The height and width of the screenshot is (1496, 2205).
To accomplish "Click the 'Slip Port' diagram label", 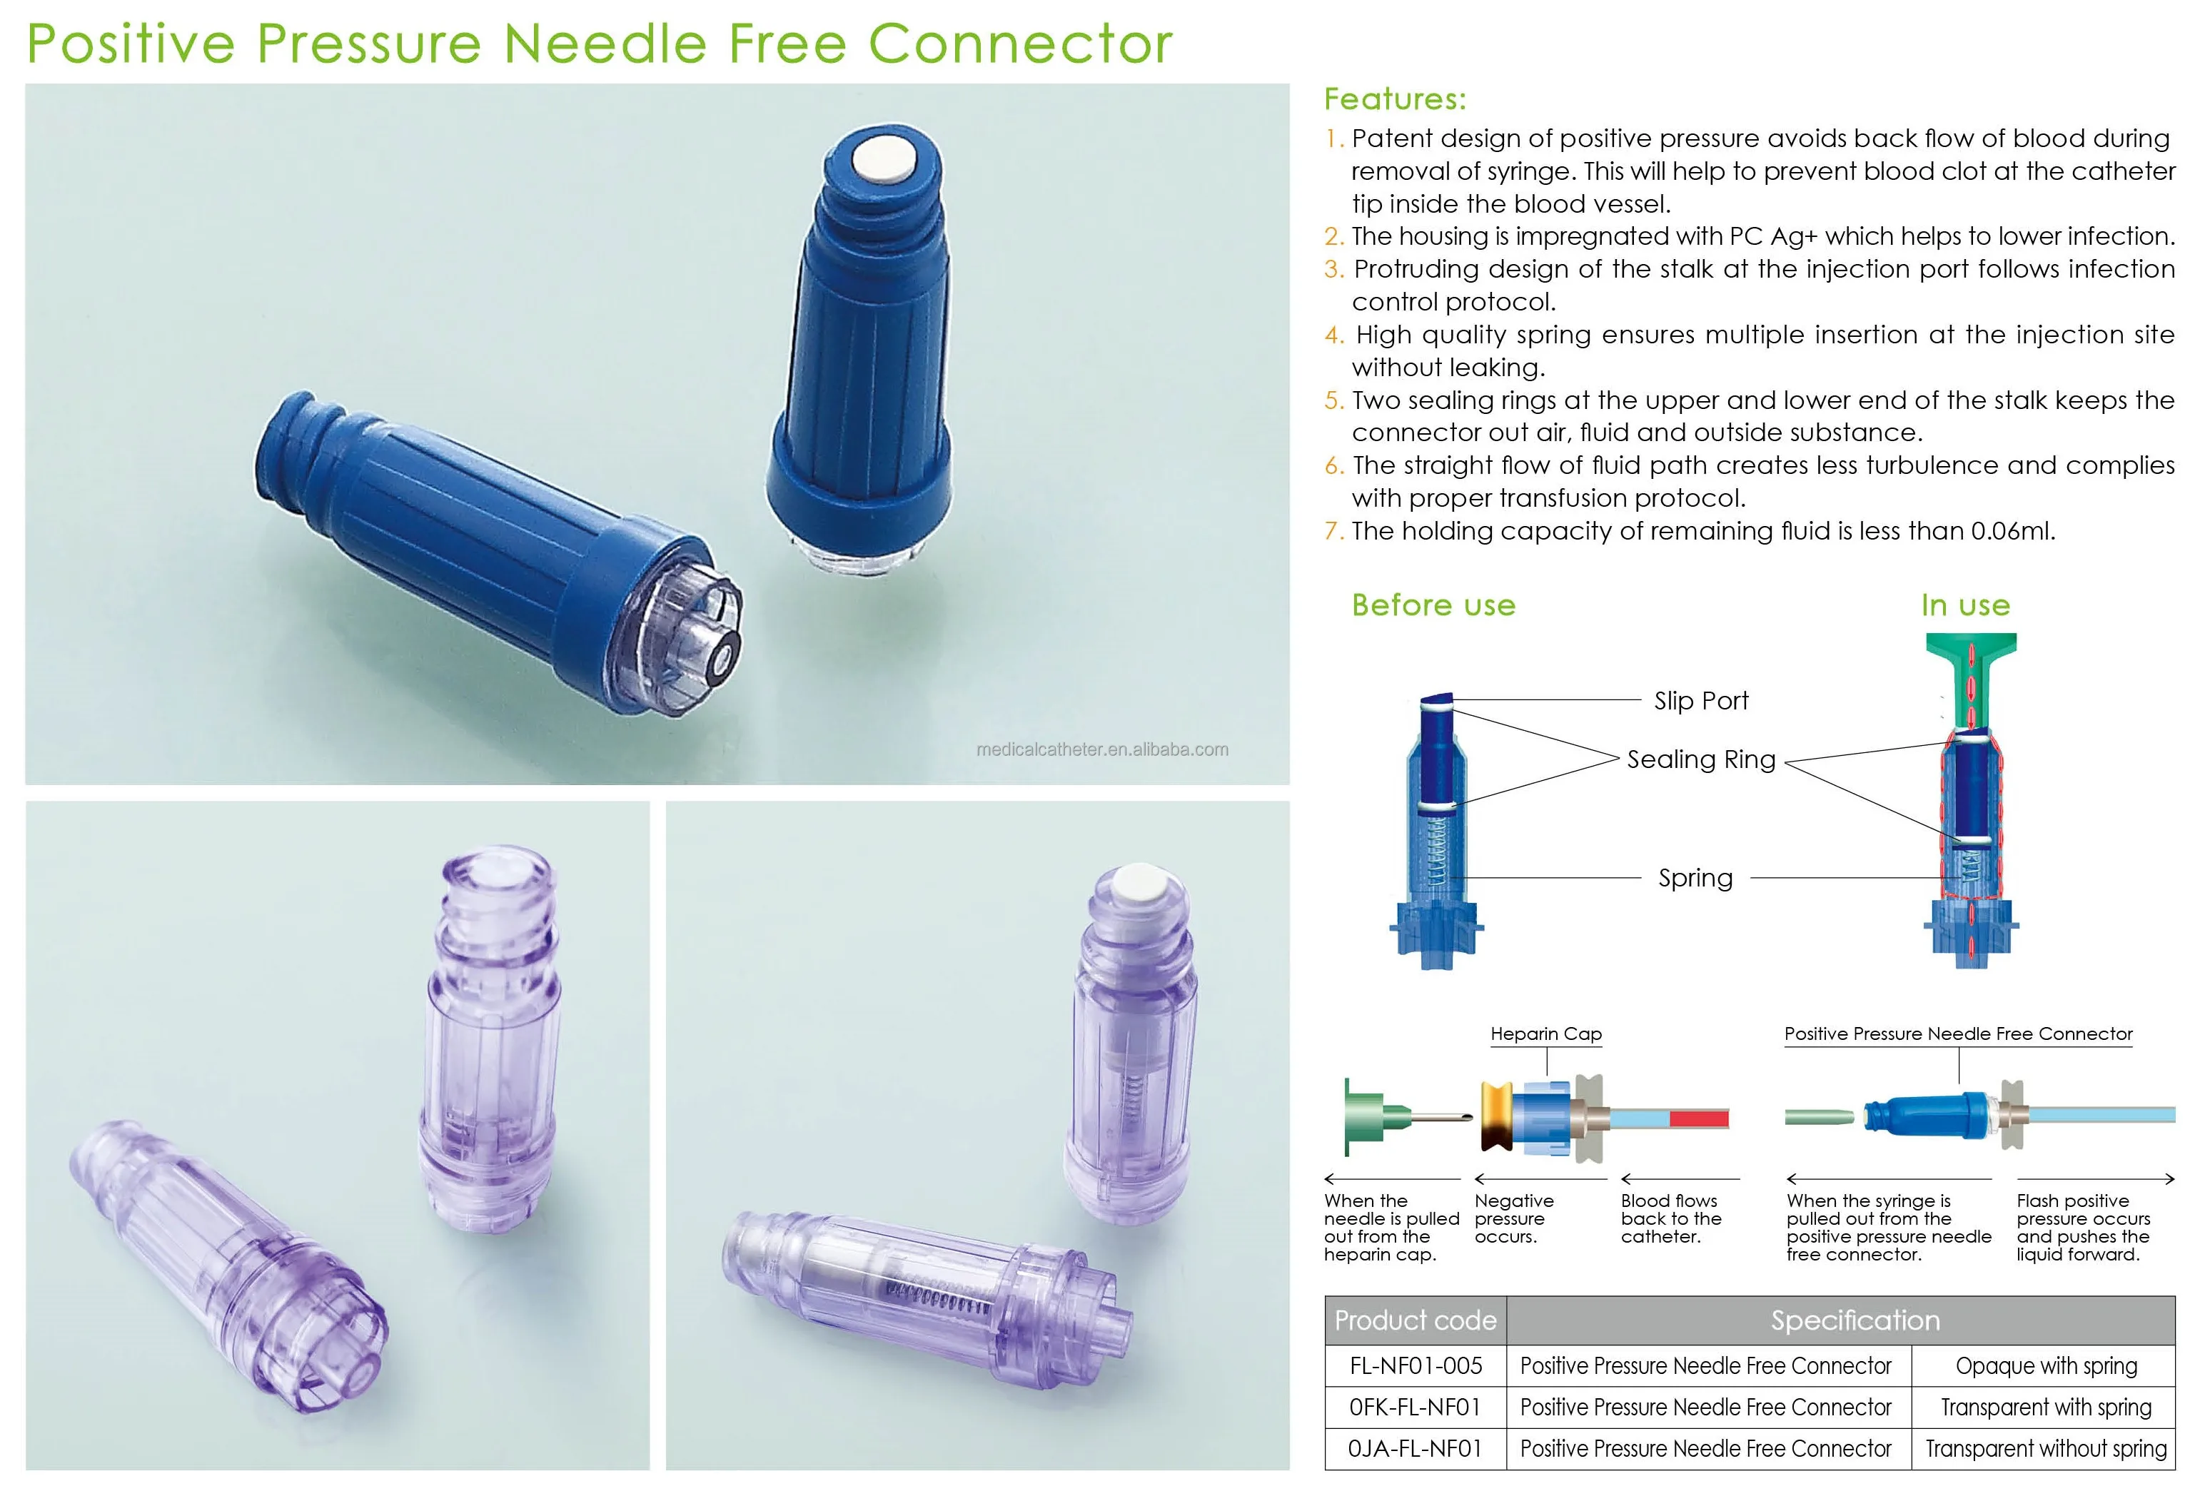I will coord(1700,700).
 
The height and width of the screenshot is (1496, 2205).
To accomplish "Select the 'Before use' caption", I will coord(1433,605).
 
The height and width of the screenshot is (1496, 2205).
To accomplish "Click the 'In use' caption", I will coord(1965,605).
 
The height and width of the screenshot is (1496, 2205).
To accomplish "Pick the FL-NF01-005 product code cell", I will coord(1415,1366).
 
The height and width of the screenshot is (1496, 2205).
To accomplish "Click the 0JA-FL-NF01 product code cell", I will coord(1415,1449).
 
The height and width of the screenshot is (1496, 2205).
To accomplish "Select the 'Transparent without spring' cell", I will coord(2046,1449).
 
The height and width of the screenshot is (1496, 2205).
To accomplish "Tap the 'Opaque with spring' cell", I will coord(2046,1366).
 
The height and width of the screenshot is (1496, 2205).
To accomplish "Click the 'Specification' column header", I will coord(1855,1320).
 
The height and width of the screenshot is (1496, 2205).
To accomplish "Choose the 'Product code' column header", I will coord(1415,1320).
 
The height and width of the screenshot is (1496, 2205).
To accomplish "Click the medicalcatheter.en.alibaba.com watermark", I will coord(1101,749).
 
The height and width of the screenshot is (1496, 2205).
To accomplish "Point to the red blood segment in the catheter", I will coord(1698,1118).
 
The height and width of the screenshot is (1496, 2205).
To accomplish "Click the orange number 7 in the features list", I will coord(1333,531).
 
